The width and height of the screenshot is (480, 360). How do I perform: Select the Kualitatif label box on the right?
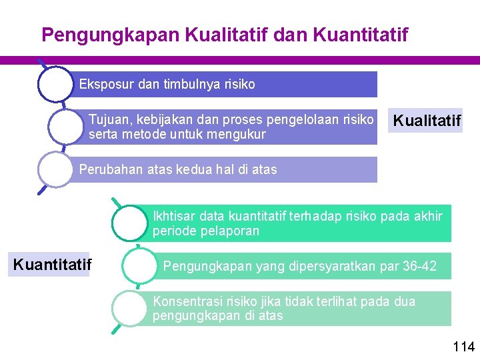click(x=427, y=121)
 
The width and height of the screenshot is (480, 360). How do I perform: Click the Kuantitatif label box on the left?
click(x=52, y=265)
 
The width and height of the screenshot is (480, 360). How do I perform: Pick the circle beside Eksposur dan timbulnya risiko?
click(x=55, y=84)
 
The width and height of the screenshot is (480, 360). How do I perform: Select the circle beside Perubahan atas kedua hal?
click(x=55, y=169)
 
